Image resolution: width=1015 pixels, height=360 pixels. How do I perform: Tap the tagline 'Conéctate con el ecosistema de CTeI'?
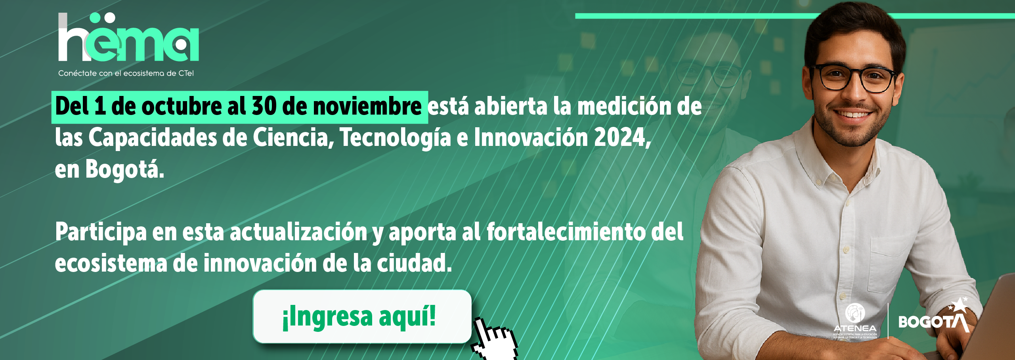pos(126,73)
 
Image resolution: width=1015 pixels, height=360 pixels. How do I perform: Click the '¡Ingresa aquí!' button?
pos(362,316)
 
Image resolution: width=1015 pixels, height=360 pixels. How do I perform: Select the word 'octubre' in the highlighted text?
pos(181,107)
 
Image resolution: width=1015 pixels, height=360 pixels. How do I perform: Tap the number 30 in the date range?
pos(264,106)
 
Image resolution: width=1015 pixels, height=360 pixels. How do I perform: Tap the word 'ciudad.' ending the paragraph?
pos(414,263)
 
